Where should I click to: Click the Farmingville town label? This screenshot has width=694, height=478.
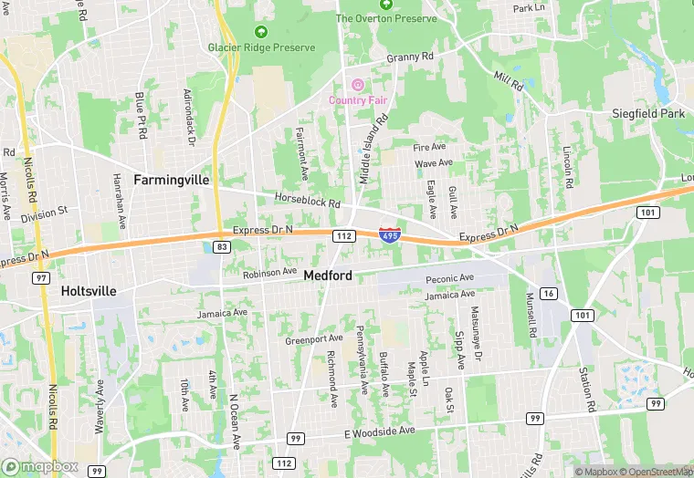pyautogui.click(x=172, y=180)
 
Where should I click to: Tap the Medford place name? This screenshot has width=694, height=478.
pyautogui.click(x=329, y=275)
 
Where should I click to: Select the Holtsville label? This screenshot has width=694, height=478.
pyautogui.click(x=89, y=291)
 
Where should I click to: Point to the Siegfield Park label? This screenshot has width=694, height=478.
pyautogui.click(x=648, y=114)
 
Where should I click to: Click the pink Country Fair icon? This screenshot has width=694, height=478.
pyautogui.click(x=358, y=85)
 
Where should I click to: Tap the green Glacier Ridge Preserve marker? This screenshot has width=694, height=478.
pyautogui.click(x=261, y=31)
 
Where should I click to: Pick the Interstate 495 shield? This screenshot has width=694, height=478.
pyautogui.click(x=389, y=234)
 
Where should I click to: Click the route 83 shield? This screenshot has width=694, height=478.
pyautogui.click(x=221, y=246)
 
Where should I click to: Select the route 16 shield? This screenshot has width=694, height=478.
pyautogui.click(x=548, y=293)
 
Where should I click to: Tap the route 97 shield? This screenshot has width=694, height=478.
pyautogui.click(x=41, y=277)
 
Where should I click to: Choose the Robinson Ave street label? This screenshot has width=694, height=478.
pyautogui.click(x=270, y=272)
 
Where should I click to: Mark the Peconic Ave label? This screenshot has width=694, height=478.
pyautogui.click(x=450, y=277)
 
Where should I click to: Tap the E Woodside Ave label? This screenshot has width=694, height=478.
pyautogui.click(x=378, y=430)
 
